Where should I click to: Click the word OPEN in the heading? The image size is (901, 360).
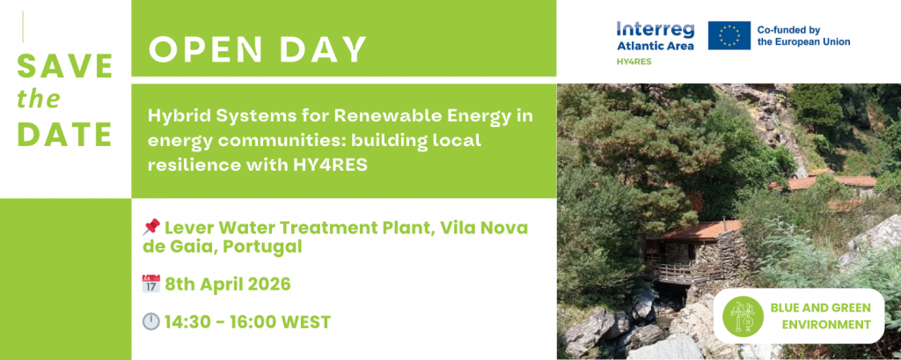197,49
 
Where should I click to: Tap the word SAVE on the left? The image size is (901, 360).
65,66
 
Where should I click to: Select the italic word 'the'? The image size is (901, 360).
39,99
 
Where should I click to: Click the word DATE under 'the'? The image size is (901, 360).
64,134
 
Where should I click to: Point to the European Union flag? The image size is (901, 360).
729,36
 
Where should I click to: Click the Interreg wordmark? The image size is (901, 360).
655,30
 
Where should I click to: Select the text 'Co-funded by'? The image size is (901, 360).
788,30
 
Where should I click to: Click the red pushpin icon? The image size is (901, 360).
150,228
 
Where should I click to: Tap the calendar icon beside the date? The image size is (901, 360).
150,283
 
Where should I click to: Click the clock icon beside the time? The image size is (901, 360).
150,321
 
